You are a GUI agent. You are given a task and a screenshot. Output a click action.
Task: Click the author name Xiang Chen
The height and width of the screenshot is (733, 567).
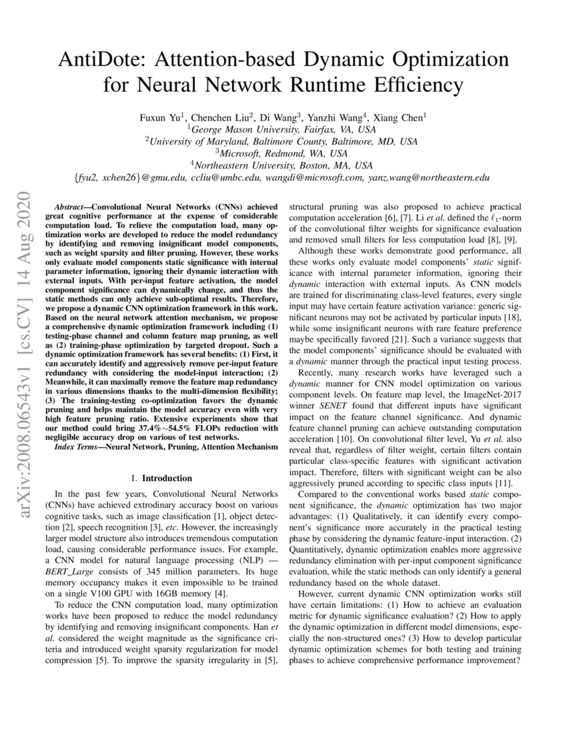[x=399, y=117]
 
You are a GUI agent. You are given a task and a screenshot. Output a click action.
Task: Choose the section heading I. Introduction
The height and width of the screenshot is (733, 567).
[x=162, y=478]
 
